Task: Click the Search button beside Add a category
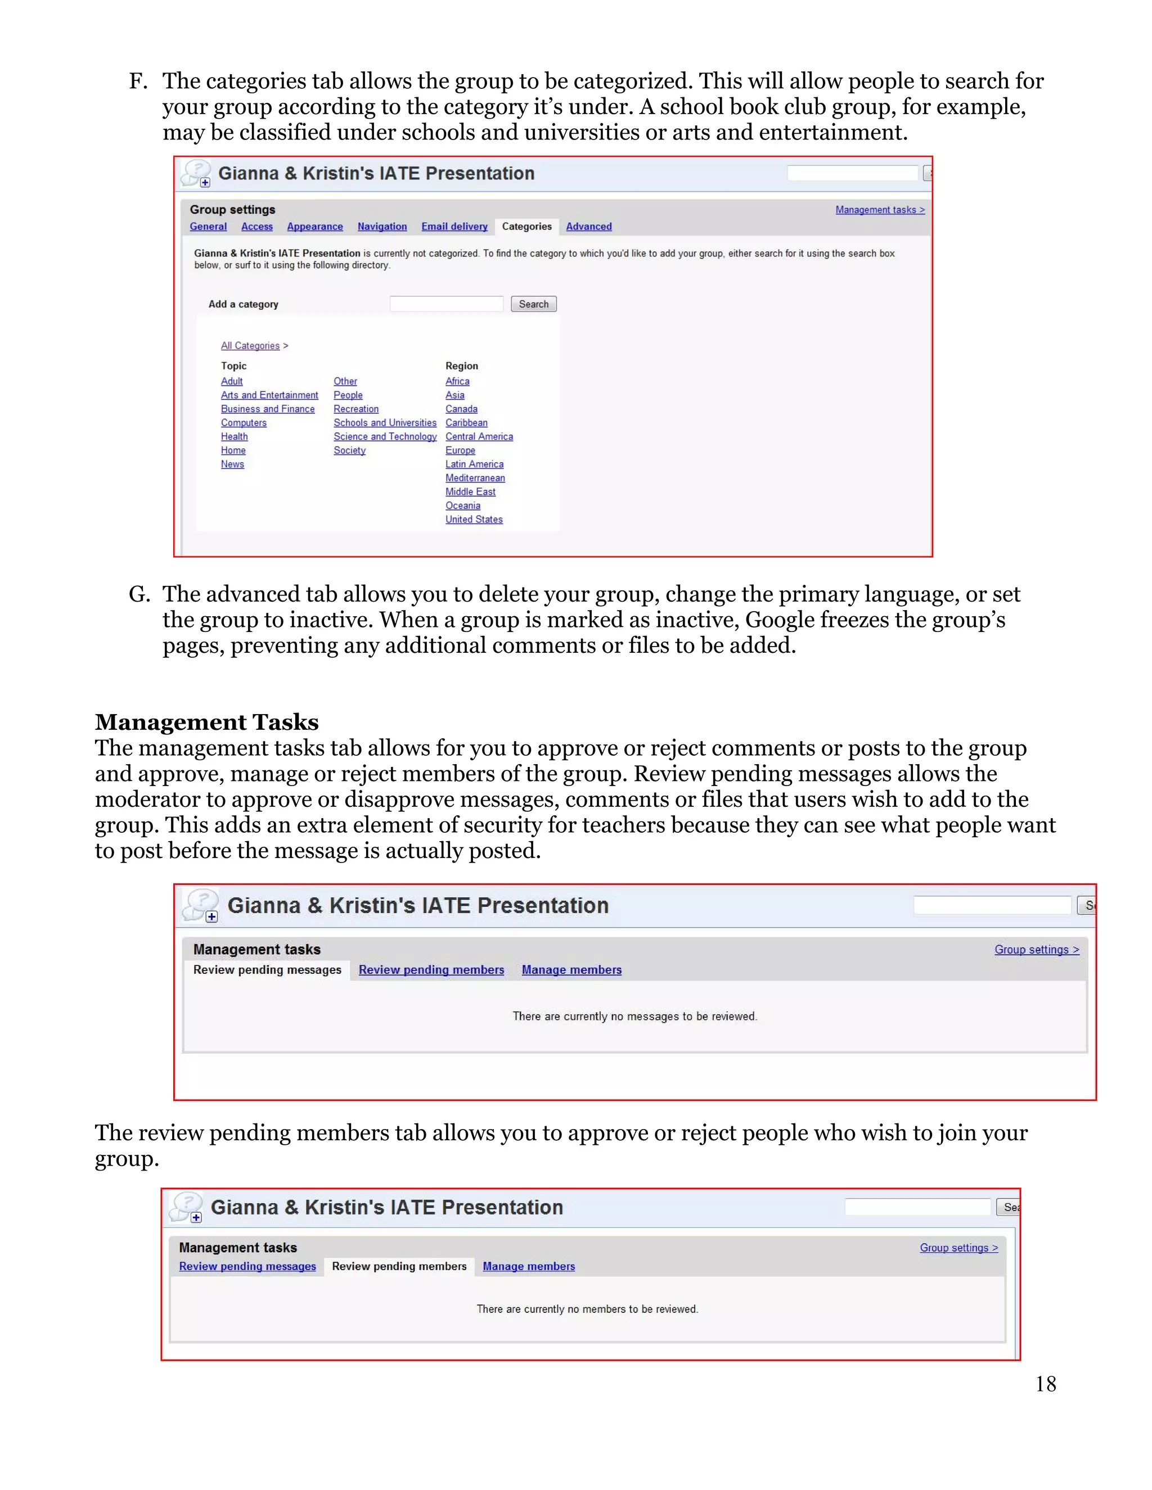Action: pos(533,304)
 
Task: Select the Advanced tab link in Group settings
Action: pos(588,227)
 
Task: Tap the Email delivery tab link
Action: pos(454,227)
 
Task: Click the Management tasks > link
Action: pos(879,210)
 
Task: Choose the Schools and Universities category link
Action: pos(384,423)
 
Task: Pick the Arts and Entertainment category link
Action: pos(269,395)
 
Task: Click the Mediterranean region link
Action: pos(475,478)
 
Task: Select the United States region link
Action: pos(474,520)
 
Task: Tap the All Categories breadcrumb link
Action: pos(250,346)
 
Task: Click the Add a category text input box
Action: pos(446,304)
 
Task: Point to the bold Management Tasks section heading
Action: pos(207,722)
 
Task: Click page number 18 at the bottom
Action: pos(1045,1384)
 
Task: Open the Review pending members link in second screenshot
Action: pos(431,970)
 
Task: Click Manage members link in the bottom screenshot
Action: pos(528,1266)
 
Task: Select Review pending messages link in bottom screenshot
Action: pos(247,1266)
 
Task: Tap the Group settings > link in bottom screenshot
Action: pos(958,1248)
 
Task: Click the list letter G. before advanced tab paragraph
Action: pos(139,594)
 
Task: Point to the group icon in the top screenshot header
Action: pos(196,174)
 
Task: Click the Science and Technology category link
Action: pos(384,437)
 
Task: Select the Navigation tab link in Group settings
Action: pos(381,227)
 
